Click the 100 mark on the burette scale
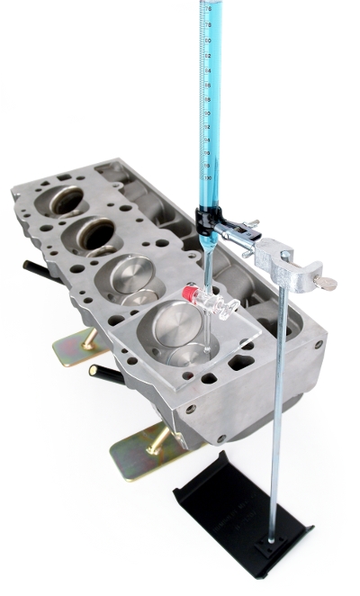pos(210,177)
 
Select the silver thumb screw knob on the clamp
pos(328,284)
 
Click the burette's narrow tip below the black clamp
pos(207,261)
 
